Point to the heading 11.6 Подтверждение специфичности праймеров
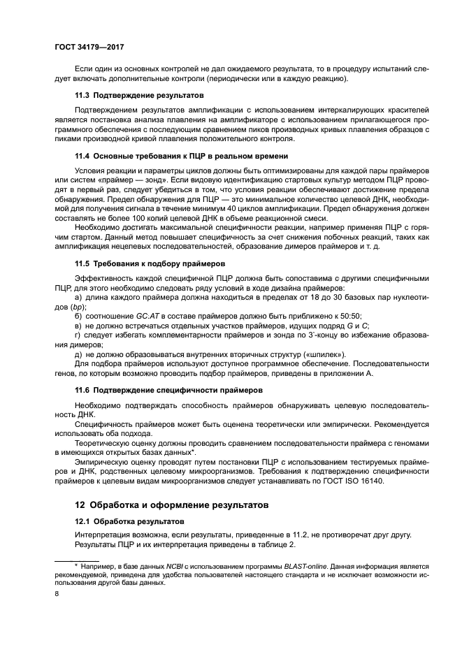168,389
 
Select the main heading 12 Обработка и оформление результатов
172,504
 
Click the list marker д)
79,354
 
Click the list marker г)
78,335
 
